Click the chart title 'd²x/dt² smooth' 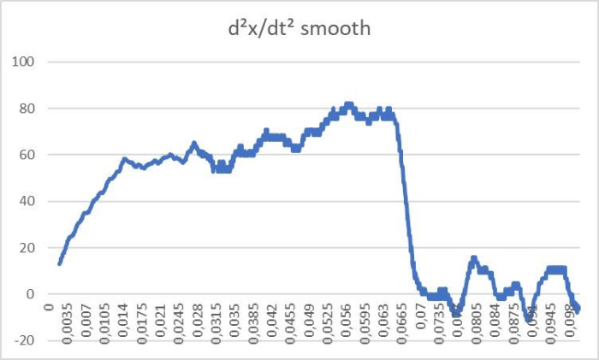[x=294, y=28]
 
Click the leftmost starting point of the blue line [x=59, y=263]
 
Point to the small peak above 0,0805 [x=473, y=257]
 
